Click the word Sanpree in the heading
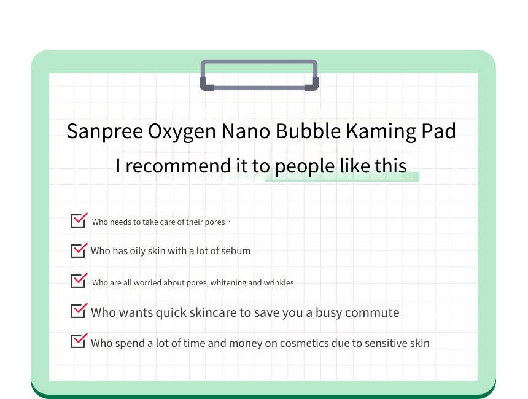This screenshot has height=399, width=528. [105, 131]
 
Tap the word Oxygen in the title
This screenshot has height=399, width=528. [182, 132]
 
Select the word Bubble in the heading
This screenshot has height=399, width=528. [308, 131]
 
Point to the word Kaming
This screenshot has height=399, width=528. [381, 131]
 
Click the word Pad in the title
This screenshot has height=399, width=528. [439, 131]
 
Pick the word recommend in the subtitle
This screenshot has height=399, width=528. [178, 166]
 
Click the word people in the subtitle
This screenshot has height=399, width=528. [305, 167]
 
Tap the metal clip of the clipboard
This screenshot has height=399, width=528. [259, 75]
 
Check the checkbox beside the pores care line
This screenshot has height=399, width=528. [79, 220]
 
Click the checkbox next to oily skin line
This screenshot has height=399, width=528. [79, 250]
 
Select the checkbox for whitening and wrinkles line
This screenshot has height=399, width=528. [79, 280]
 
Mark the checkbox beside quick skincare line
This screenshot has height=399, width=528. [79, 311]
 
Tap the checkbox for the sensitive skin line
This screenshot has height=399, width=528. [79, 341]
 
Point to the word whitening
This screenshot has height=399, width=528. [228, 283]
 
